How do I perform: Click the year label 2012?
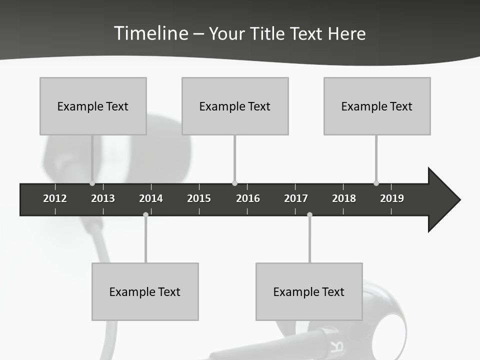55,198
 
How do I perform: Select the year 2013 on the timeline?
103,198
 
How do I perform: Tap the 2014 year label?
151,198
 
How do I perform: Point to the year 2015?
199,198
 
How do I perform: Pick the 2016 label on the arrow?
248,198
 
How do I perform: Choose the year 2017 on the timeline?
296,198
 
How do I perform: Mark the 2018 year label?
344,198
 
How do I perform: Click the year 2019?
392,198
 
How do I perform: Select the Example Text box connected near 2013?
93,106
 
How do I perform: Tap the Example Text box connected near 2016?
235,106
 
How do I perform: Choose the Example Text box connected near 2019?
377,106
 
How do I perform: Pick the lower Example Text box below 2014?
145,291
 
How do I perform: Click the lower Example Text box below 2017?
309,291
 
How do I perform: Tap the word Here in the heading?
346,34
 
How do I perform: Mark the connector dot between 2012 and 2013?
92,183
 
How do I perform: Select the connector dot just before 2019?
376,183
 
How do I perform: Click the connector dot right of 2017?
309,214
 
